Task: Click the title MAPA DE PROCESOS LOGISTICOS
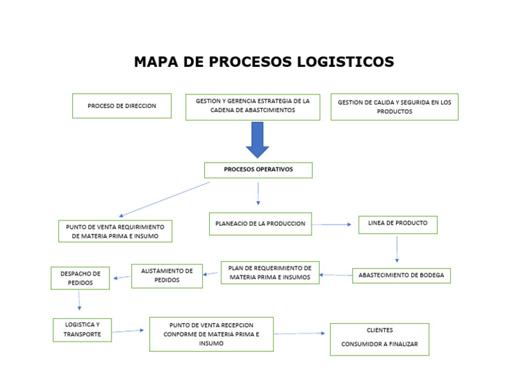coord(264,62)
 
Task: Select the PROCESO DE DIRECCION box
coord(122,106)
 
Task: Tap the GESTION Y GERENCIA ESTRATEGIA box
coord(252,107)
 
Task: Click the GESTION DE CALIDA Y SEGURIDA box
coord(394,107)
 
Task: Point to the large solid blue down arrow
coord(257,139)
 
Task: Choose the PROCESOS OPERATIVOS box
coord(258,169)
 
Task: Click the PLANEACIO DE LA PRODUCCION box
coord(260,224)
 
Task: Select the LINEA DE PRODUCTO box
coord(397,225)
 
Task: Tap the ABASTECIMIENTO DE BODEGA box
coord(401,276)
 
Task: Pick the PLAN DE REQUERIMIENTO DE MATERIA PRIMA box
coord(269,273)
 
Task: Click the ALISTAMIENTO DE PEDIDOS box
coord(166,276)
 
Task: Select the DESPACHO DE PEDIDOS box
coord(80,278)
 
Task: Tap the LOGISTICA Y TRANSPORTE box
coord(82,329)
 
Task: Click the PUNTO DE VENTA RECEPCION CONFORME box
coord(211,334)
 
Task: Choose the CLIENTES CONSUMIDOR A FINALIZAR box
coord(379,339)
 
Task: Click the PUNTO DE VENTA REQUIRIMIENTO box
coord(115,231)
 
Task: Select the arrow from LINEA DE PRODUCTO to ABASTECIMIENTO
coord(397,249)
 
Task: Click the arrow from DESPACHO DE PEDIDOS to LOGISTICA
coord(79,300)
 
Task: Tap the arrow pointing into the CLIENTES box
coord(300,333)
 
